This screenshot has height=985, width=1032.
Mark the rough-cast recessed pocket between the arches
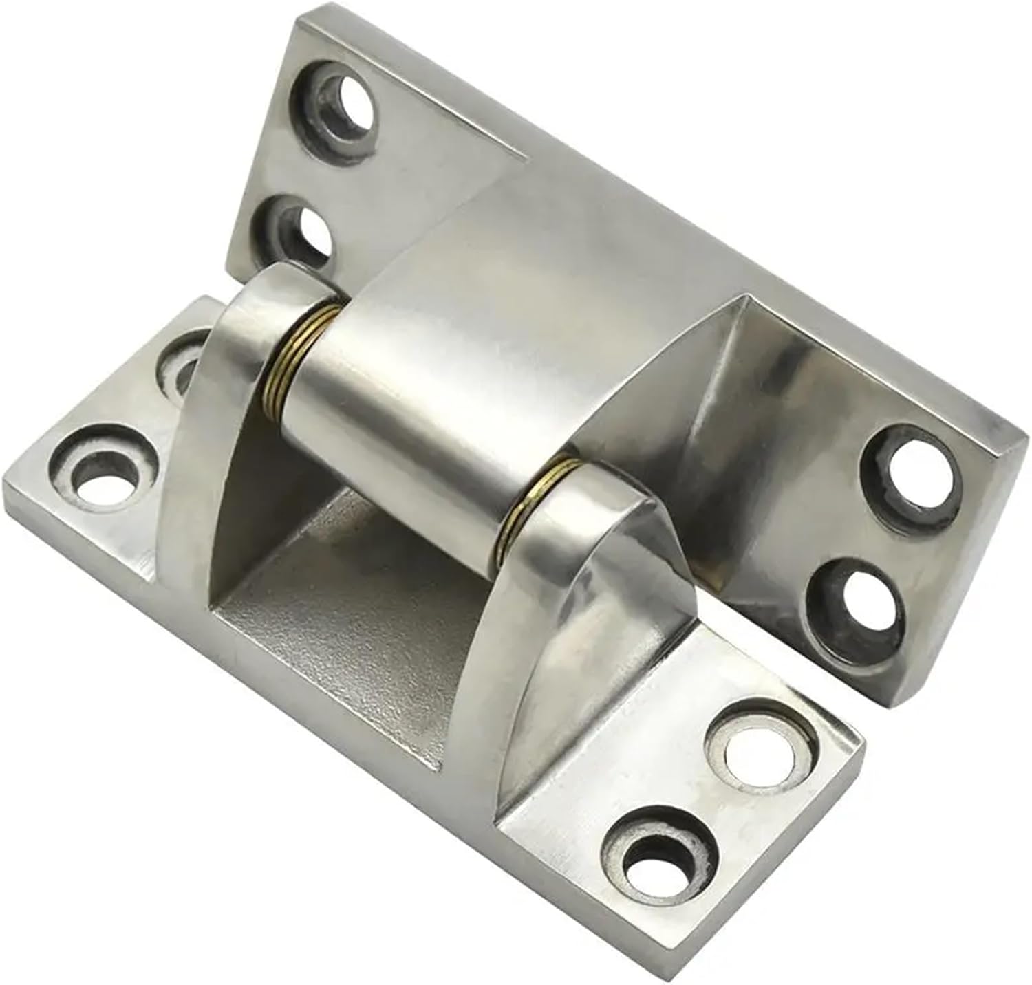[x=358, y=605]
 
